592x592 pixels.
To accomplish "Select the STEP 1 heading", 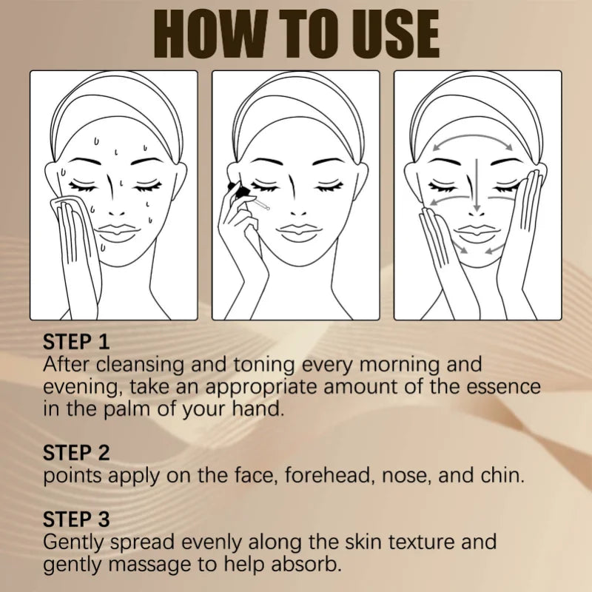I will (76, 342).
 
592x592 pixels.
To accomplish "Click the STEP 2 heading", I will (76, 452).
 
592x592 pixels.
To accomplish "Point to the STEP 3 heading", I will (76, 519).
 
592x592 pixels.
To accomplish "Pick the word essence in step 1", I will (502, 387).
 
